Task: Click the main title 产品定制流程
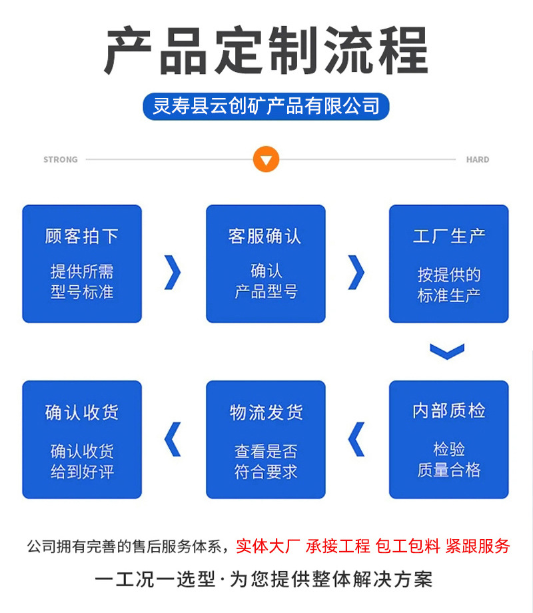[266, 50]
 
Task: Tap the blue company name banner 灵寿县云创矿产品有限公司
[266, 106]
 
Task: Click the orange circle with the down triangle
[266, 160]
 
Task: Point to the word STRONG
[61, 160]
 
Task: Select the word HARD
[478, 160]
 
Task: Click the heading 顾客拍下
[82, 236]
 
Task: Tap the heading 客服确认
[265, 236]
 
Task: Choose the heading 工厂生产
[449, 236]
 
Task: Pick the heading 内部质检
[449, 411]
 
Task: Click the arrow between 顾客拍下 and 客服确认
[173, 273]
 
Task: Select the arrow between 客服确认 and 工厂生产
[357, 273]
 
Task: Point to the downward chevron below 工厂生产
[447, 351]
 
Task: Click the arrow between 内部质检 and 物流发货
[357, 440]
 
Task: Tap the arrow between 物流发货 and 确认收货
[173, 440]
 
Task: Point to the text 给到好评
[82, 472]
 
